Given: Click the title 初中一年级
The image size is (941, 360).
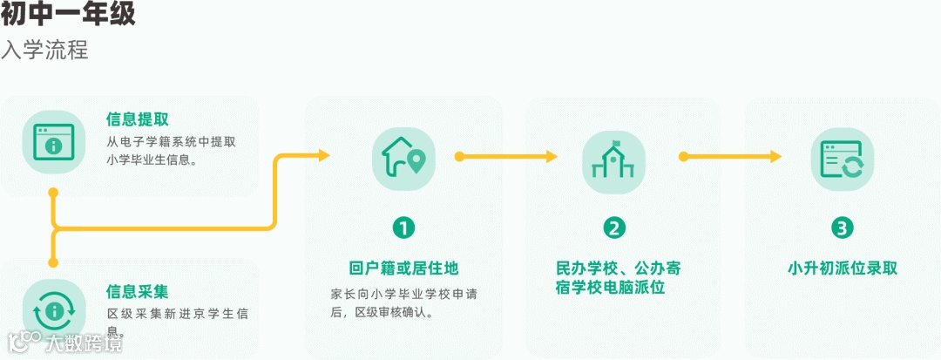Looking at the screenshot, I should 68,15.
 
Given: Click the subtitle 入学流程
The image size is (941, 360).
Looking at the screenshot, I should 44,50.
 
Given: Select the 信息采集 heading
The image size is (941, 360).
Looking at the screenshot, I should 138,291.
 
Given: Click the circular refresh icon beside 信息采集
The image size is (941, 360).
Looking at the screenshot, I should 53,309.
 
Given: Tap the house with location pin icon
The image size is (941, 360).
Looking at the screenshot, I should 403,158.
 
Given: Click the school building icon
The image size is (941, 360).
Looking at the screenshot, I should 614,158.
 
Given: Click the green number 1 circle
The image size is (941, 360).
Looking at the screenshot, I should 403,228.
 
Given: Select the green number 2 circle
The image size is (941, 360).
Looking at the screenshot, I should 614,228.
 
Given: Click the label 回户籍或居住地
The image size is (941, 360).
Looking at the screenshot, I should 403,268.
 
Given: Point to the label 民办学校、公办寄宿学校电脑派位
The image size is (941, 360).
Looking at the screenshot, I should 614,276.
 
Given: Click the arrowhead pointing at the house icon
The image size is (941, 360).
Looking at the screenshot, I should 323,156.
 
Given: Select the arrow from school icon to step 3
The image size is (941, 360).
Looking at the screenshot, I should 732,157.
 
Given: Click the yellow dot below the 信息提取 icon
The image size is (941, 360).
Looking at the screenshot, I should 53,191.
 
